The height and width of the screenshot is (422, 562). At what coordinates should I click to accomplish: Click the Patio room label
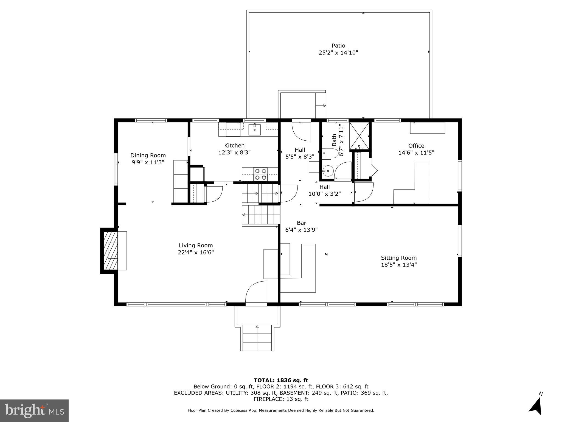click(x=338, y=46)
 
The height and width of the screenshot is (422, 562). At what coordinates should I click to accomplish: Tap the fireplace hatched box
click(x=111, y=251)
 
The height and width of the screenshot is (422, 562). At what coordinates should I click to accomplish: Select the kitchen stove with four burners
click(x=260, y=174)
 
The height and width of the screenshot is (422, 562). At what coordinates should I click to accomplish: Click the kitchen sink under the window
click(x=254, y=129)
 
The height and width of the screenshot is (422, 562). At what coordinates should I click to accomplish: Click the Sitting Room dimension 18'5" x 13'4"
click(x=398, y=265)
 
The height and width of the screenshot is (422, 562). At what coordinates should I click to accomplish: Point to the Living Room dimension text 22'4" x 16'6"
click(x=196, y=252)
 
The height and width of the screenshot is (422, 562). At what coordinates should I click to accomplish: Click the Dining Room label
click(x=148, y=156)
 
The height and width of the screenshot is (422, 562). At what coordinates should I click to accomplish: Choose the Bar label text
click(x=301, y=223)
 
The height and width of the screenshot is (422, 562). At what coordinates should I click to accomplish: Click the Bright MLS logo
click(x=34, y=410)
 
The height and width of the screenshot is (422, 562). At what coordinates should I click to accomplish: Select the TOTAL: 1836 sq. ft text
click(x=281, y=380)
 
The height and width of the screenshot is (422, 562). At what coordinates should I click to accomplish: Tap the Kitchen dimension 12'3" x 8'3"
click(x=234, y=152)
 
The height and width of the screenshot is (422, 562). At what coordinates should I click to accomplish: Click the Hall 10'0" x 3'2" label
click(x=324, y=190)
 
